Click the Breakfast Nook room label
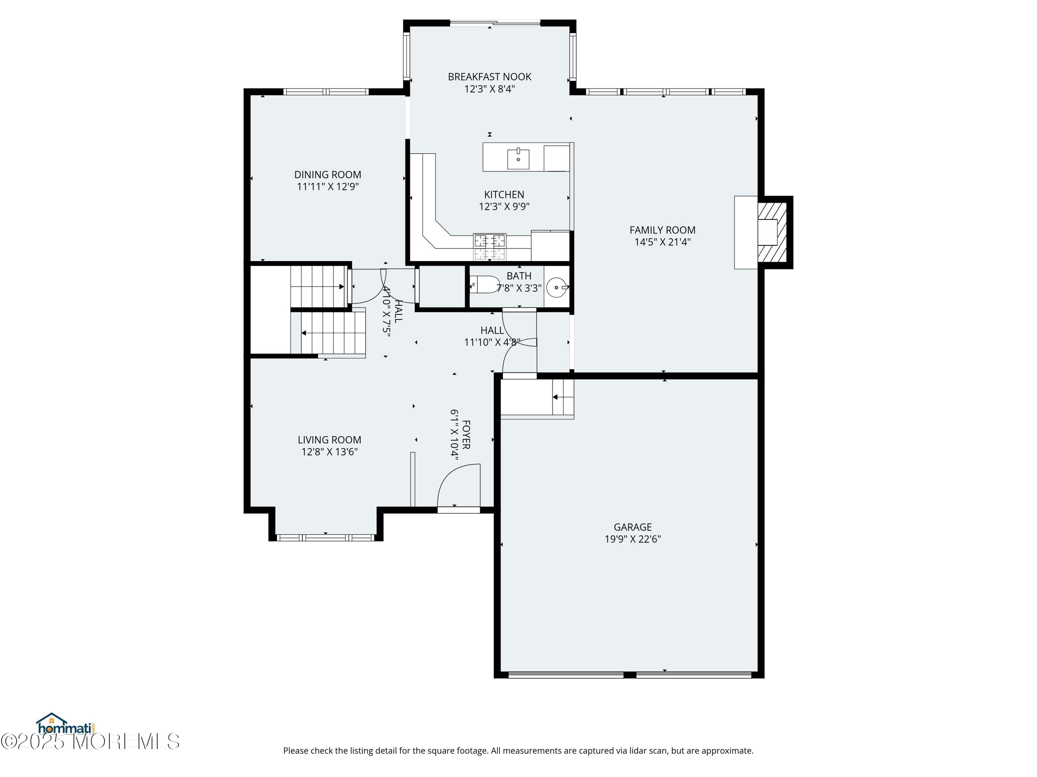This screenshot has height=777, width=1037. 489,76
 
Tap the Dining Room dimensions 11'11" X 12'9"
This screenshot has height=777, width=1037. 328,186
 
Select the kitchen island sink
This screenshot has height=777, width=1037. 518,159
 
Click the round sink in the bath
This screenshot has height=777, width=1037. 557,287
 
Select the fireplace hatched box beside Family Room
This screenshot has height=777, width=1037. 773,232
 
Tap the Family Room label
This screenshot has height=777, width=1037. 662,230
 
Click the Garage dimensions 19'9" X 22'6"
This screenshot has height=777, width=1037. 633,539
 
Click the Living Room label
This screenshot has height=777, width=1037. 329,440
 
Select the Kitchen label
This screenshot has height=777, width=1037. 504,194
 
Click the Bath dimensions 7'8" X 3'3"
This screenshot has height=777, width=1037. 519,288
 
